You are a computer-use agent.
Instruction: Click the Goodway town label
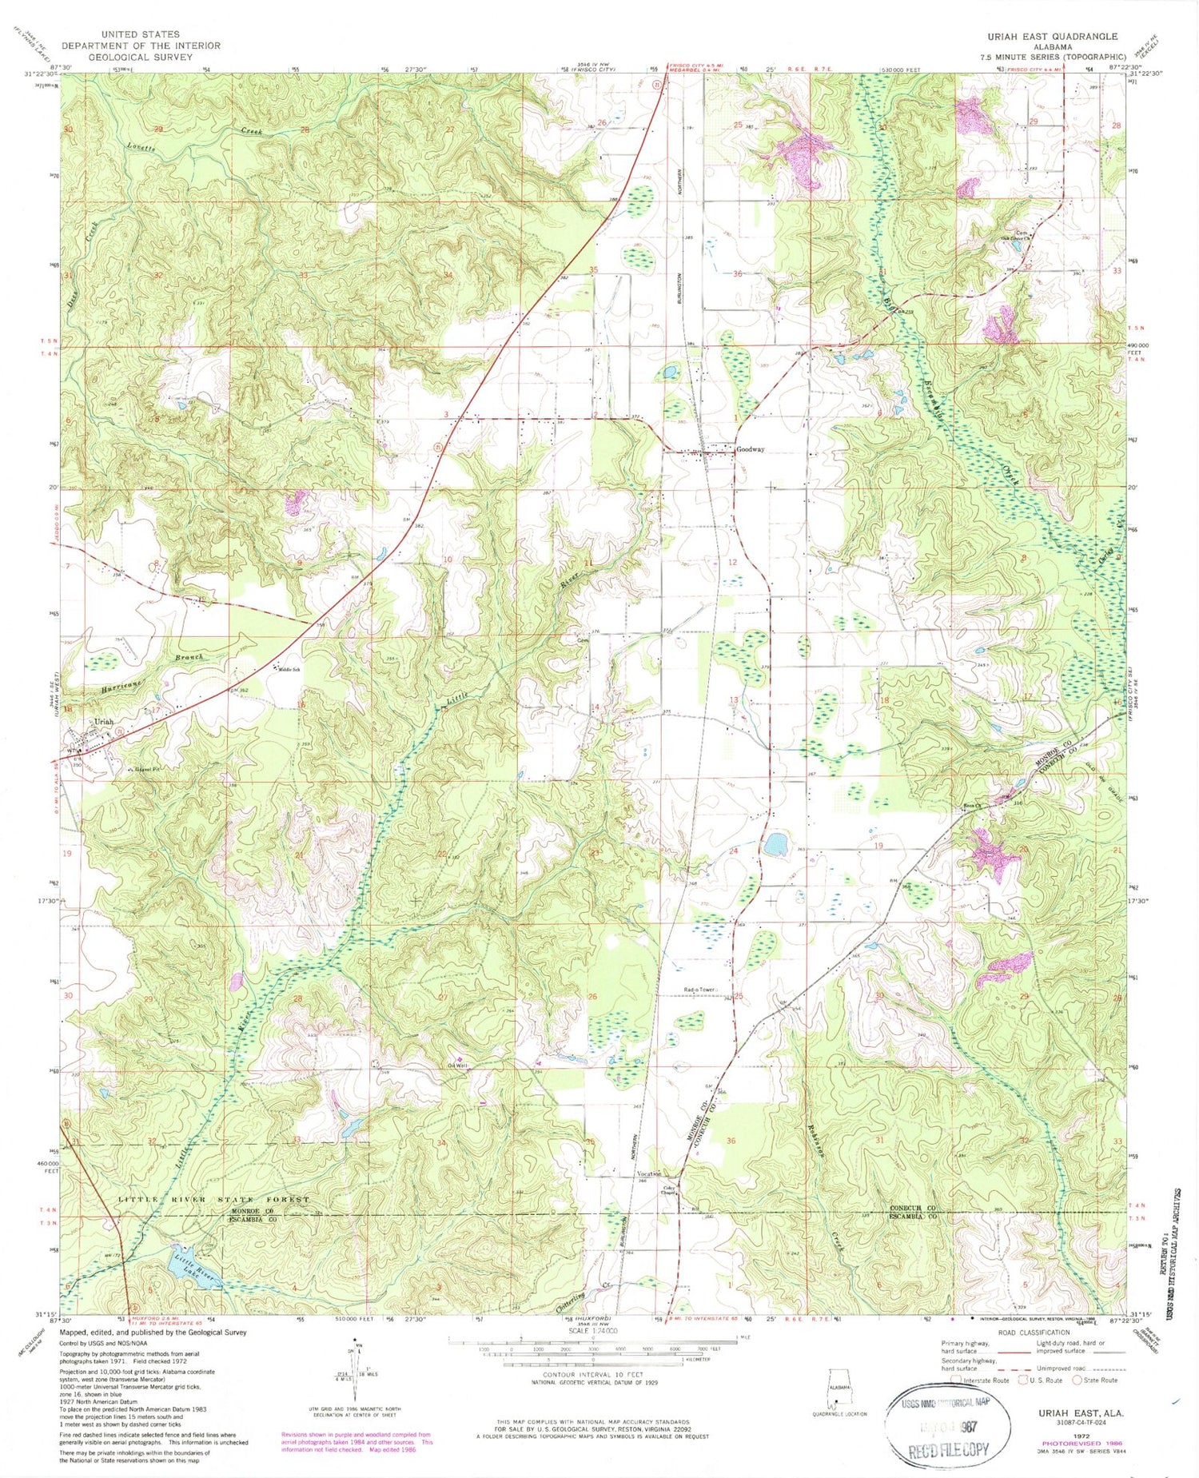click(751, 449)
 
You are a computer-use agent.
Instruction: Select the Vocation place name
click(649, 1174)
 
